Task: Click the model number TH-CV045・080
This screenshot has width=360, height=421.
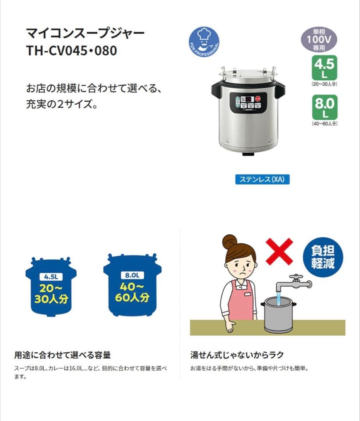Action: [71, 50]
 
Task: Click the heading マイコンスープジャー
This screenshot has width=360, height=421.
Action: [85, 33]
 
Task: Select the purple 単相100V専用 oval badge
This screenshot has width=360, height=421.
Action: [318, 40]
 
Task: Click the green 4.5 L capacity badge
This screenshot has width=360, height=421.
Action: [325, 67]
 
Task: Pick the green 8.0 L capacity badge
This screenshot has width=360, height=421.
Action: [325, 107]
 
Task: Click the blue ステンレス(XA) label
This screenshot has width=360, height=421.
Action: [262, 179]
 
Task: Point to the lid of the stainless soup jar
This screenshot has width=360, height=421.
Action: [248, 74]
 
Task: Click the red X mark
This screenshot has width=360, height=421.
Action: [278, 251]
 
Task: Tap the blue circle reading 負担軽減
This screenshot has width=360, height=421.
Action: [323, 257]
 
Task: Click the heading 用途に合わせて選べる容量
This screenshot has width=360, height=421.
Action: [63, 355]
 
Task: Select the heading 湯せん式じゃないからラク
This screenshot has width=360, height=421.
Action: [237, 355]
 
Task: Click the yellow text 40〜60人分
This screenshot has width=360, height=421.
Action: [132, 292]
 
